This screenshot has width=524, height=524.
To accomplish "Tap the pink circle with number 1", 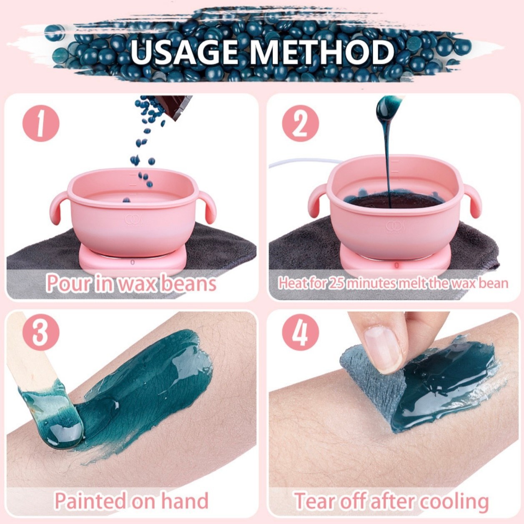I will click(x=40, y=123).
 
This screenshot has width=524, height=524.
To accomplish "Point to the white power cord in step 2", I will click(x=292, y=164).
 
